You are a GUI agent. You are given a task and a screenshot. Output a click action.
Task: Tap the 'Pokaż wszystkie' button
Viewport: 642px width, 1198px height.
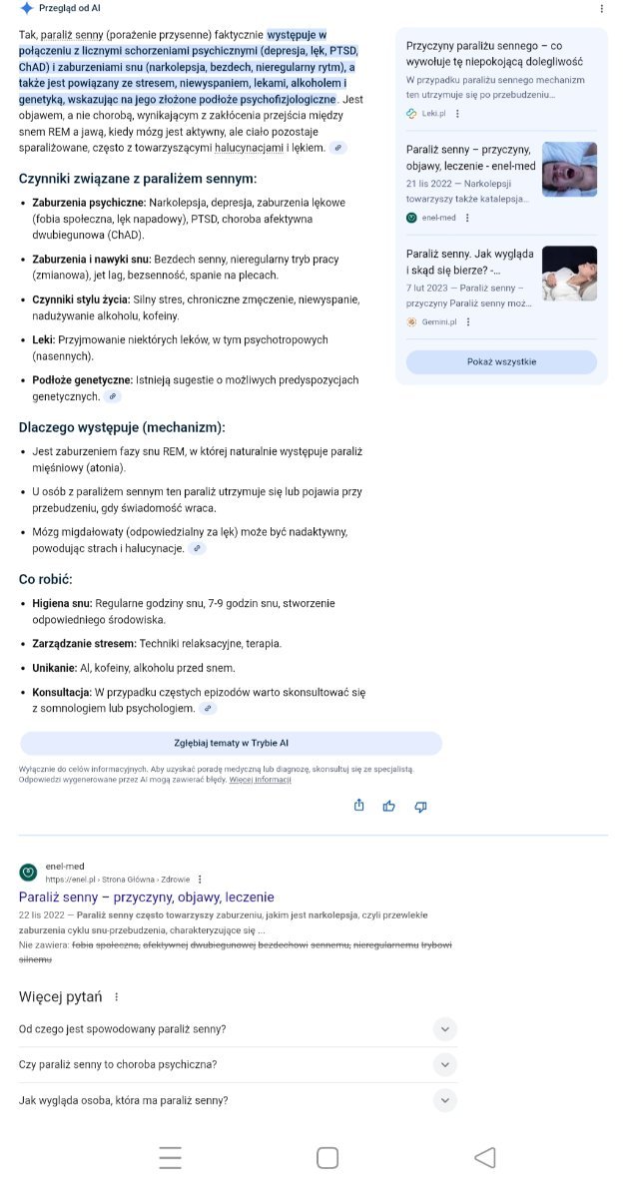click(501, 361)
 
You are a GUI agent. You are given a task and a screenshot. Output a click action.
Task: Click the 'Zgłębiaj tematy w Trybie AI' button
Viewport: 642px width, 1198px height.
click(231, 743)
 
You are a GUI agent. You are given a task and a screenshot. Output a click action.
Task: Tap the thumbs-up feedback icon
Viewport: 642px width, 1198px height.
click(389, 806)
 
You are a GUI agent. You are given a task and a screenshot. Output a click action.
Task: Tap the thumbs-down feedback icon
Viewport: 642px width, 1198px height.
click(420, 806)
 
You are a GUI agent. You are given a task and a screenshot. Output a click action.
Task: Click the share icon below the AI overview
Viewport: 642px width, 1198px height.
click(358, 806)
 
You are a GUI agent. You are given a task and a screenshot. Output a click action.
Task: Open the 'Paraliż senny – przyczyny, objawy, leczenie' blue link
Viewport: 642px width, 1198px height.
click(146, 897)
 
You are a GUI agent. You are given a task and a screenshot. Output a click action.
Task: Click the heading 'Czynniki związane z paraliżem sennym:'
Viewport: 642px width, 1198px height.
click(138, 179)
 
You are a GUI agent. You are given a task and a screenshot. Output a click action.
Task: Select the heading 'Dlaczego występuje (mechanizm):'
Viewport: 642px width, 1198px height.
click(122, 427)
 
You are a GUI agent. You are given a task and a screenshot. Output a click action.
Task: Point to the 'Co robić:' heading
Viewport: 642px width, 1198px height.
click(46, 579)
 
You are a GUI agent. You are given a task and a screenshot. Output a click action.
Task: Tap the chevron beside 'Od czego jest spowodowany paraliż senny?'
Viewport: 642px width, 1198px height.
click(445, 1028)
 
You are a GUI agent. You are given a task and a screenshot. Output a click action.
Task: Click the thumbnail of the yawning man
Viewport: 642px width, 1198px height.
click(569, 169)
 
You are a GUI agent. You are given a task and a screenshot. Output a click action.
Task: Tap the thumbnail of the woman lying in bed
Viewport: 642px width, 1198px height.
click(569, 273)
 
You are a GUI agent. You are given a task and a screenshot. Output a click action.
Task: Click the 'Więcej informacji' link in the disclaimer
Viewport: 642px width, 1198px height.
click(261, 780)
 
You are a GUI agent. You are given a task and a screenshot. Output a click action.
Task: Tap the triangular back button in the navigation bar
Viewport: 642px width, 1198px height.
click(485, 1157)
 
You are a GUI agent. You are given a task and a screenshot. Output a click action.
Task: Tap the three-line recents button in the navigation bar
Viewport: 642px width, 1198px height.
click(171, 1157)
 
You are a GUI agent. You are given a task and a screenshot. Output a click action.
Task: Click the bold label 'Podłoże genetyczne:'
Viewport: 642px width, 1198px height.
click(83, 380)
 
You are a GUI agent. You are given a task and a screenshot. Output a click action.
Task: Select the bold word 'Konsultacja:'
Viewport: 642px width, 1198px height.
click(62, 692)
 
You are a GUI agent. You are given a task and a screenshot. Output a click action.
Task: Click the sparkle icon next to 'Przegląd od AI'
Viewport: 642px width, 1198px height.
click(27, 8)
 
